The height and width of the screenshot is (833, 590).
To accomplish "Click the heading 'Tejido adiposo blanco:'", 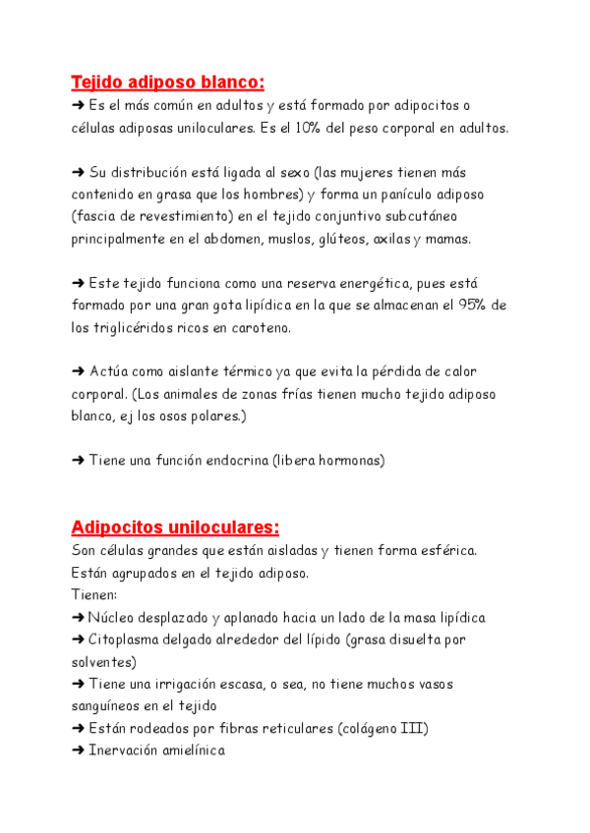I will (168, 82).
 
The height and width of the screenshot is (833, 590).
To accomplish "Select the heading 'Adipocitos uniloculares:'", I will (176, 527).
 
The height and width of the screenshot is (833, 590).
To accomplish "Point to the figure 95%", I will (470, 305).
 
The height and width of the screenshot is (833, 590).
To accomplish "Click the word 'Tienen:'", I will (94, 594).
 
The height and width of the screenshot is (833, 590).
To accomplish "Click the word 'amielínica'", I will (191, 750).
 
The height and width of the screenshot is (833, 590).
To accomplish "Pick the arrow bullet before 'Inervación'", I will (79, 750).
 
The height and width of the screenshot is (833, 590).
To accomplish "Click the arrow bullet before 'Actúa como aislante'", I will (79, 371).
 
